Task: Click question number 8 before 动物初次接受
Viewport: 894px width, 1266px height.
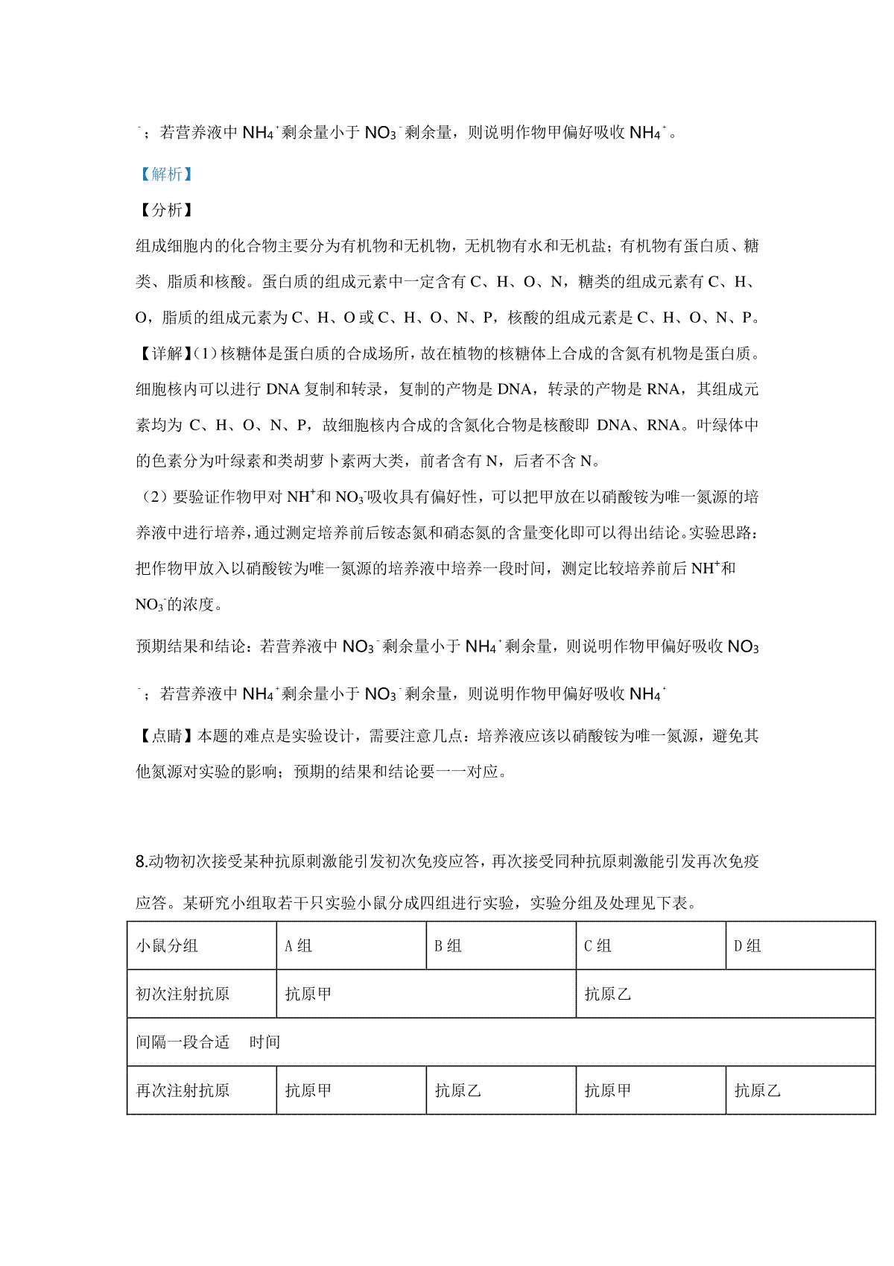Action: pyautogui.click(x=142, y=862)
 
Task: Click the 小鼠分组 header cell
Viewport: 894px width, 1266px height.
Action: pyautogui.click(x=167, y=946)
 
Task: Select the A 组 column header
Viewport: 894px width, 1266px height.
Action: pyautogui.click(x=299, y=946)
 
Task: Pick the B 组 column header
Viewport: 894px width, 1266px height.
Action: pyautogui.click(x=448, y=946)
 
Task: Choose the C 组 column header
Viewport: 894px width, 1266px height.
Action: pyautogui.click(x=598, y=946)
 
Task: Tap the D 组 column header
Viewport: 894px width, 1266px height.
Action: pyautogui.click(x=748, y=946)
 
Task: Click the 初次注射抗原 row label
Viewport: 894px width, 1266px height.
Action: pyautogui.click(x=183, y=994)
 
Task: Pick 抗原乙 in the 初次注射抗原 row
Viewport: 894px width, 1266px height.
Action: pyautogui.click(x=608, y=994)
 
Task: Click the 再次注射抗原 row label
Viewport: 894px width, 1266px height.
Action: pyautogui.click(x=183, y=1091)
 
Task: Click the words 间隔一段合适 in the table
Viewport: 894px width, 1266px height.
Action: pyautogui.click(x=183, y=1042)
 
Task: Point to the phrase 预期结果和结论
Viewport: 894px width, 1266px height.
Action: pyautogui.click(x=190, y=646)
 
